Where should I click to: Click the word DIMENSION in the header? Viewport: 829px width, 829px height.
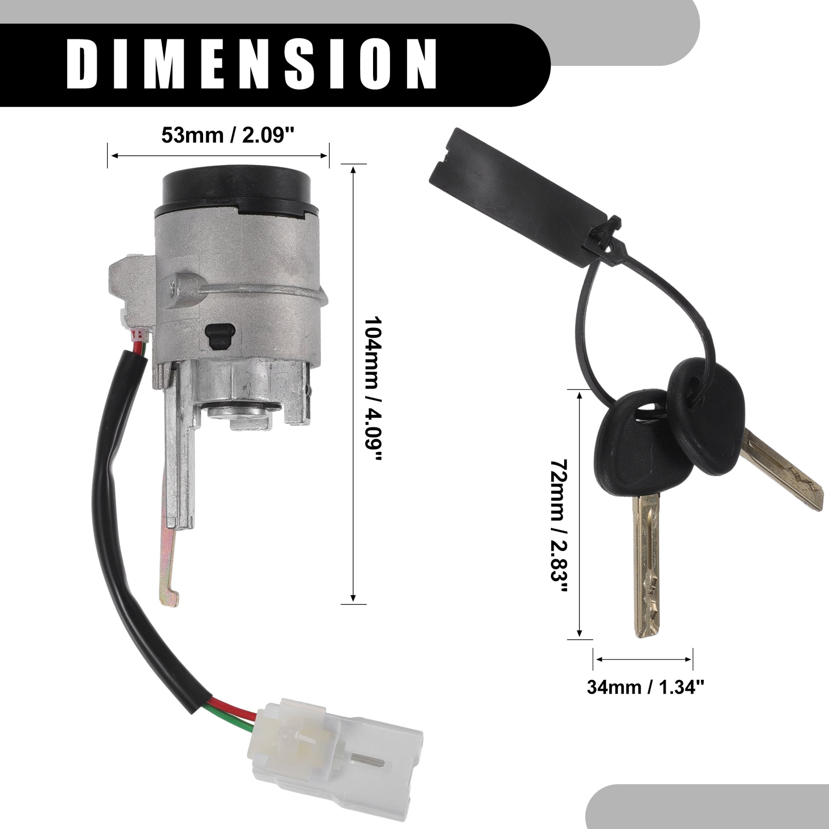pos(252,65)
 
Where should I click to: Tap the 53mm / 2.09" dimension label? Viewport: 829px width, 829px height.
pos(228,135)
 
